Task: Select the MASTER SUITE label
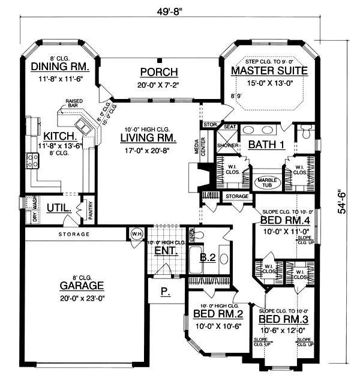[269, 70]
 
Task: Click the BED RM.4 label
[283, 221]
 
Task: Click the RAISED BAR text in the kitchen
[74, 104]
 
